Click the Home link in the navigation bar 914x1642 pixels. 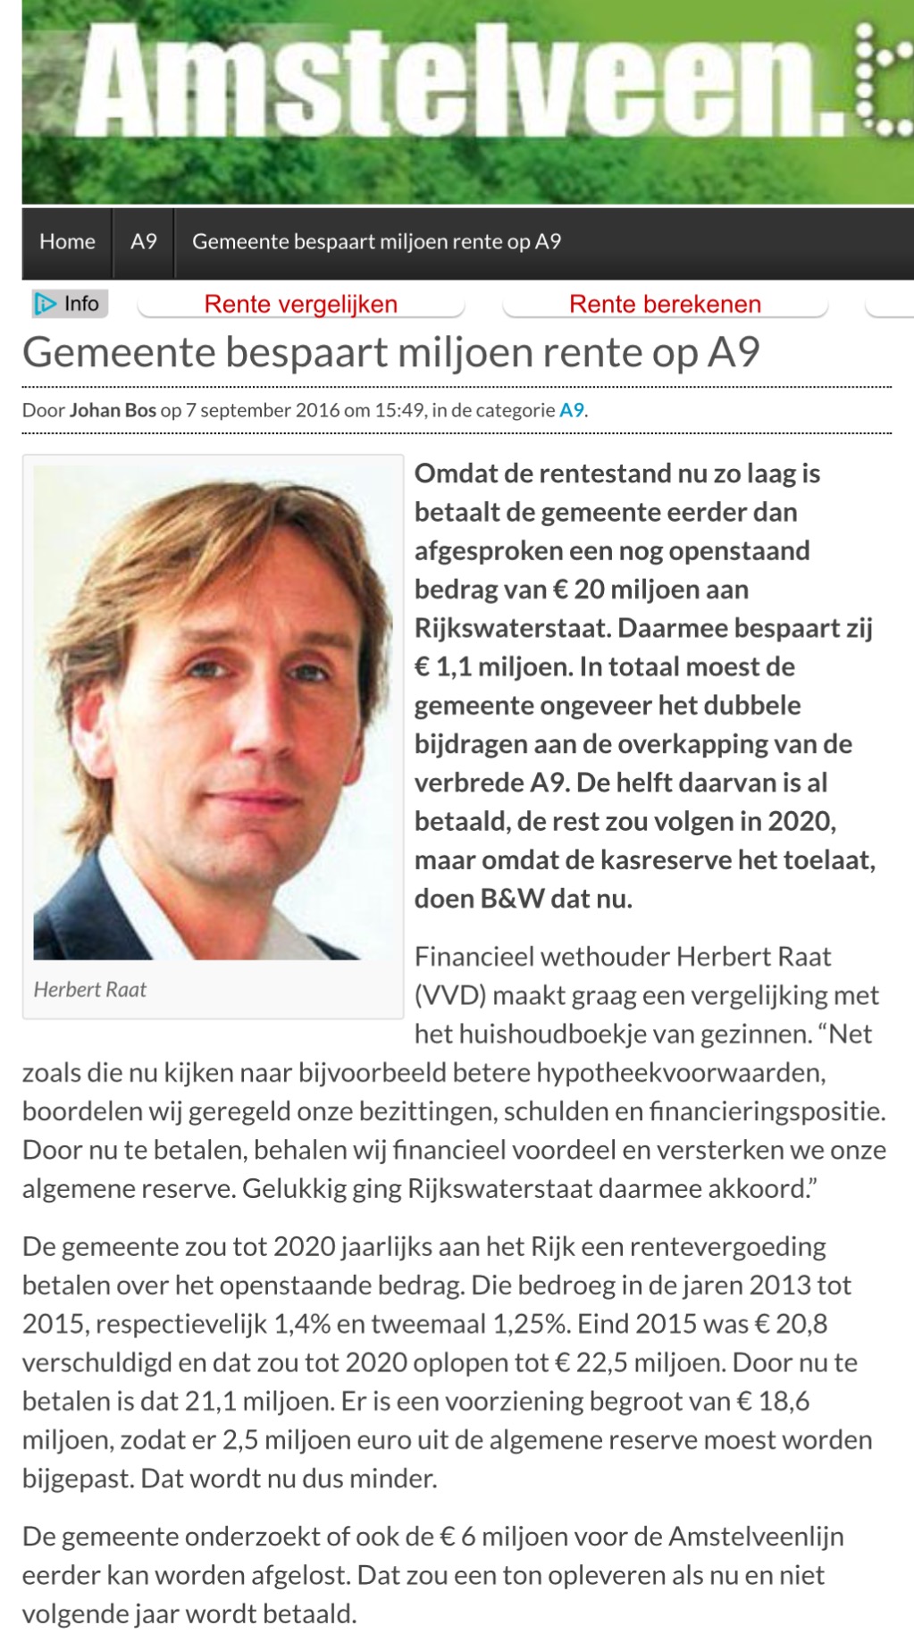(67, 242)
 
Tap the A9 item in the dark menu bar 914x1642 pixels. (144, 242)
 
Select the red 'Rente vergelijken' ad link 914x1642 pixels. (300, 305)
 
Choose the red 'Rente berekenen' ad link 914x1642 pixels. (665, 305)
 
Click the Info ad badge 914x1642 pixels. (70, 304)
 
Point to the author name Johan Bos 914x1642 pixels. (113, 411)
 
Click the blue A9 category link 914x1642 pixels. (572, 411)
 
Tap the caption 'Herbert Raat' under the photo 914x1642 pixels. (89, 990)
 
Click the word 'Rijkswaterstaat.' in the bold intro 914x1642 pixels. (512, 628)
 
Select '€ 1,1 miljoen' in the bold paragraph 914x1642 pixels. (492, 667)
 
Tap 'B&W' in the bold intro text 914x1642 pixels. (512, 899)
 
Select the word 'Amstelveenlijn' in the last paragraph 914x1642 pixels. (756, 1537)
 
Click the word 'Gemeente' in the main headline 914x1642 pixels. (117, 353)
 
